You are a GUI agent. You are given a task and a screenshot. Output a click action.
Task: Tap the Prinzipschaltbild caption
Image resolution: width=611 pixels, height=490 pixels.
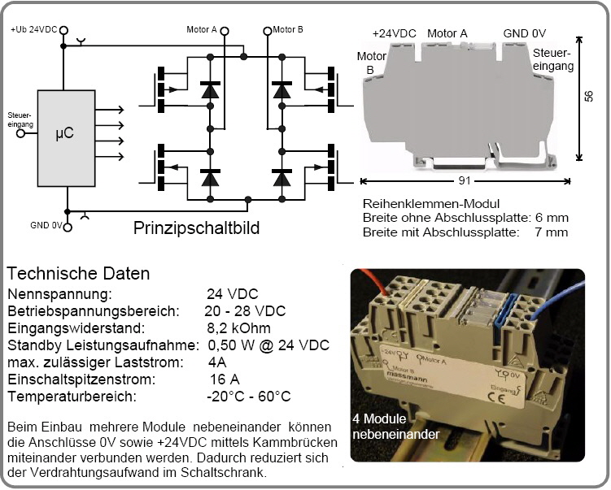pyautogui.click(x=196, y=228)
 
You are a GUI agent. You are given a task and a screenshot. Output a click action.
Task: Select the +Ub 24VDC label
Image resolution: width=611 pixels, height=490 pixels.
pyautogui.click(x=33, y=29)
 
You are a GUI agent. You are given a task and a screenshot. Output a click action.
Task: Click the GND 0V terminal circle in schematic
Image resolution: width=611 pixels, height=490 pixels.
pyautogui.click(x=68, y=227)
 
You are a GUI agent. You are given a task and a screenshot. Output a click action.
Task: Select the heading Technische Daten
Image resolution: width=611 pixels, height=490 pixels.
pyautogui.click(x=78, y=274)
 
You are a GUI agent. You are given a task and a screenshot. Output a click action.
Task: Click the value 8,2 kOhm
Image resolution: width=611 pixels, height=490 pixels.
pyautogui.click(x=238, y=328)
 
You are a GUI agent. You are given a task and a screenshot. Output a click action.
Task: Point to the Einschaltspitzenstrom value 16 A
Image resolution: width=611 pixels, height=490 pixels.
pyautogui.click(x=224, y=379)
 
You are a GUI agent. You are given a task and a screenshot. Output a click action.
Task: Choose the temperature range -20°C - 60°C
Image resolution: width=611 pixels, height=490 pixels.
pyautogui.click(x=248, y=397)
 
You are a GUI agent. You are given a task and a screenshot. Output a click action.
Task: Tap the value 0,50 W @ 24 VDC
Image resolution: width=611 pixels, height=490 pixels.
pyautogui.click(x=268, y=345)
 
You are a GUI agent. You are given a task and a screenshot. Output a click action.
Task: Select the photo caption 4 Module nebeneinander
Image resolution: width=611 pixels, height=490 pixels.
pyautogui.click(x=396, y=427)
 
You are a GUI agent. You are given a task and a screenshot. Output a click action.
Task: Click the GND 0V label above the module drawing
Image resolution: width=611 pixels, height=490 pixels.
pyautogui.click(x=524, y=33)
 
